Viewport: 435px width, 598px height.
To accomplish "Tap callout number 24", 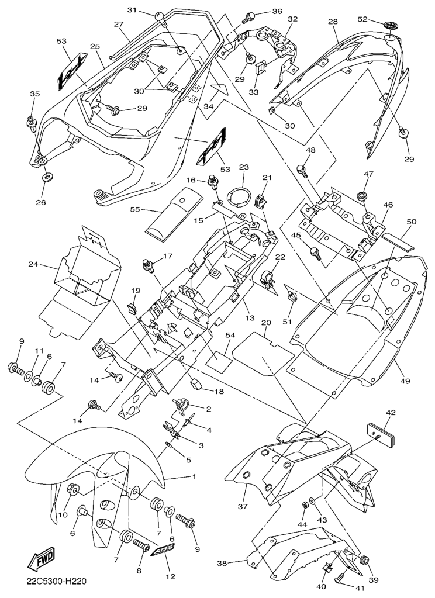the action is click(x=34, y=264).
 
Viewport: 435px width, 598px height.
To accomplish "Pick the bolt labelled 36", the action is click(x=250, y=16).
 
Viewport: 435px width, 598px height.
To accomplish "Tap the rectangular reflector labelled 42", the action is click(x=381, y=434).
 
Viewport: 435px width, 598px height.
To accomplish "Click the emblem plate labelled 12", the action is click(x=163, y=551).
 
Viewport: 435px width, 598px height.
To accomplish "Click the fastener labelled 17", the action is click(x=148, y=265).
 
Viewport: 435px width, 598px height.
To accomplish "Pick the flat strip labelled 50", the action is click(x=397, y=241).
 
